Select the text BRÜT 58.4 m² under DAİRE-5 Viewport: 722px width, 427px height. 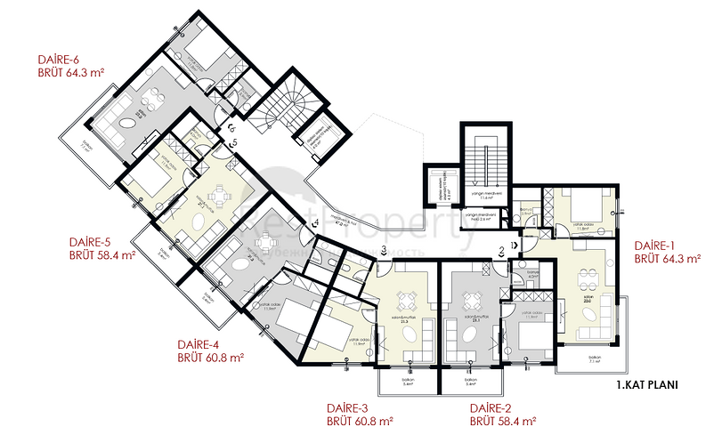click(x=102, y=254)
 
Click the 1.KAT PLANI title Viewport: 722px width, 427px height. click(x=647, y=386)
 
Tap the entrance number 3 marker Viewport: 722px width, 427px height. click(x=382, y=250)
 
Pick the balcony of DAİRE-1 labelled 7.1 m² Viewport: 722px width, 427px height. click(x=595, y=358)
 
